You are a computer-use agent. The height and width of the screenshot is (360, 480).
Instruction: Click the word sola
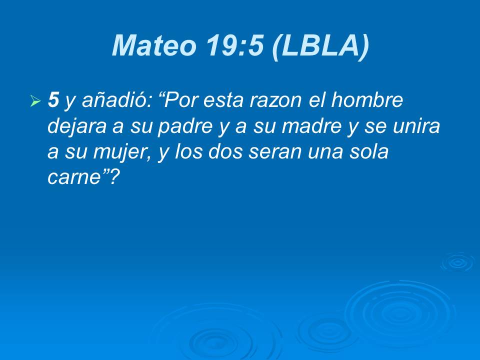[x=369, y=152]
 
